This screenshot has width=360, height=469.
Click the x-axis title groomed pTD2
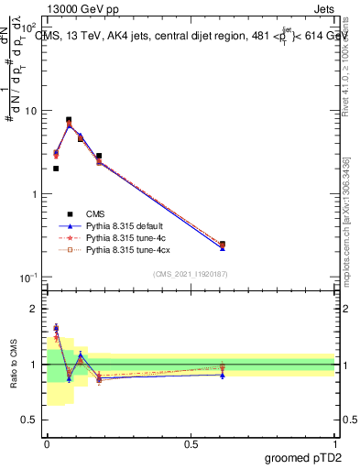click(x=302, y=456)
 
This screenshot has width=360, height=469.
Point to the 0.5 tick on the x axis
click(x=191, y=443)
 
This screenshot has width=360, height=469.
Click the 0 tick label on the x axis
click(x=47, y=443)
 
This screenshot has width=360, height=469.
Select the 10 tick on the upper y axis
click(x=32, y=111)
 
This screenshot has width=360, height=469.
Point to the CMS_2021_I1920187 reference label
click(x=191, y=273)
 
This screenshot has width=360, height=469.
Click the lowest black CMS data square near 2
click(x=56, y=169)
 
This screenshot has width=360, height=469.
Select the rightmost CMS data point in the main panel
click(x=223, y=244)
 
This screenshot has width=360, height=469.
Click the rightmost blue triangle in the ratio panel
click(x=223, y=375)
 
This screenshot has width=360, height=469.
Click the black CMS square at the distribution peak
click(x=69, y=120)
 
